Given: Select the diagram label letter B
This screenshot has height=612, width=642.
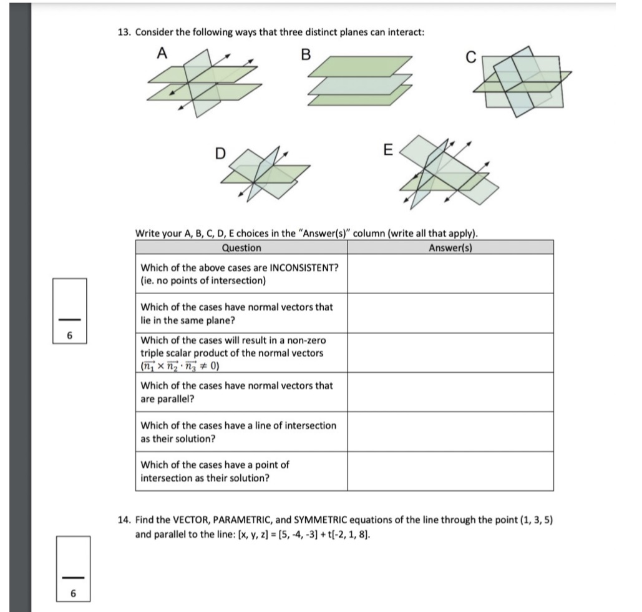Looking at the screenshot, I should (305, 54).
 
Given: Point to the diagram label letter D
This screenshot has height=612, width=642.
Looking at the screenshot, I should (220, 153).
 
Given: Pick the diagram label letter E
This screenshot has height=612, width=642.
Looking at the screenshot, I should (387, 151).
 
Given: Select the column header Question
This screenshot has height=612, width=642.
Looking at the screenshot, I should (241, 248).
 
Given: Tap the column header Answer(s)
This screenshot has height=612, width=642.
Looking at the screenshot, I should (450, 248).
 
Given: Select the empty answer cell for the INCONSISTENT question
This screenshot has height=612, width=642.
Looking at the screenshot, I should (450, 274).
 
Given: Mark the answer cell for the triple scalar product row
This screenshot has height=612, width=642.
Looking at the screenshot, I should (450, 353).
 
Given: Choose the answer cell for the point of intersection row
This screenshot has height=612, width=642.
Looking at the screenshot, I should (450, 471).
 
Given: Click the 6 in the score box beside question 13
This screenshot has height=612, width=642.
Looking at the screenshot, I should (70, 335).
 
